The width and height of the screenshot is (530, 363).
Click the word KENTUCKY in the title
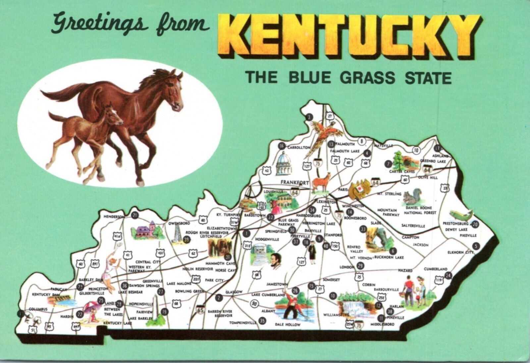point(348,36)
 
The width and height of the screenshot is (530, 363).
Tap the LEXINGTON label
point(323,202)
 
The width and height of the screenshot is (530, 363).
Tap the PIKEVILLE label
point(468,235)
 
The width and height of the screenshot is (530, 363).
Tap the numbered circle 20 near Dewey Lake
point(475,224)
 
